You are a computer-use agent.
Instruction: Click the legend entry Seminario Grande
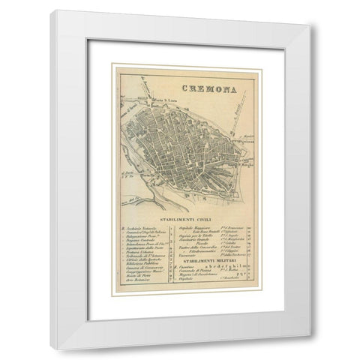coord(191,239)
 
